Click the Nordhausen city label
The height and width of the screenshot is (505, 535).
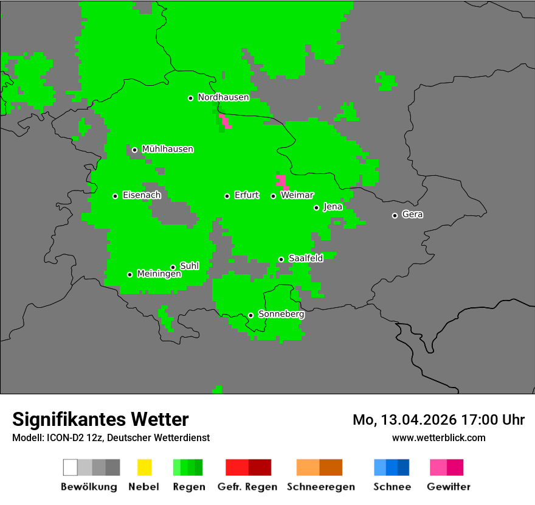(223, 97)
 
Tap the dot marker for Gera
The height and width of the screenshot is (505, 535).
(395, 215)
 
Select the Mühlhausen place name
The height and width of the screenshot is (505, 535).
(167, 149)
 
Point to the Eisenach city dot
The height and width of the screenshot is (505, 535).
(115, 196)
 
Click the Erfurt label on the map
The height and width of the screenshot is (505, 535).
(246, 195)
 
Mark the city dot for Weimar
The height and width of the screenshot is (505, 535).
(273, 196)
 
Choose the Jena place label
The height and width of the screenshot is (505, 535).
(333, 207)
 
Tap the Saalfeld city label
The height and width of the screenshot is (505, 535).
(305, 259)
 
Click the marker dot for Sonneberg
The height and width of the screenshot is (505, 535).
(250, 315)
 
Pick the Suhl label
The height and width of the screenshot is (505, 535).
(189, 266)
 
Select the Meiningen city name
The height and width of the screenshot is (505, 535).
(159, 274)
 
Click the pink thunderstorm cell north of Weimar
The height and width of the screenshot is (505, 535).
(281, 181)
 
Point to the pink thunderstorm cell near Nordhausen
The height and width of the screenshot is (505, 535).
(224, 120)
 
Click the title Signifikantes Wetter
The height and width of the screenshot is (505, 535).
(100, 419)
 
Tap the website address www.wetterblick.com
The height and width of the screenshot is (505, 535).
(438, 437)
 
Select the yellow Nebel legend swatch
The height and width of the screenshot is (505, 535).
(144, 467)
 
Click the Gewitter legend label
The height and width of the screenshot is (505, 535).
(448, 487)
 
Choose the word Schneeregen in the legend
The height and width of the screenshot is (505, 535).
(321, 487)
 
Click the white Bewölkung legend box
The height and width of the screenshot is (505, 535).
(70, 467)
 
